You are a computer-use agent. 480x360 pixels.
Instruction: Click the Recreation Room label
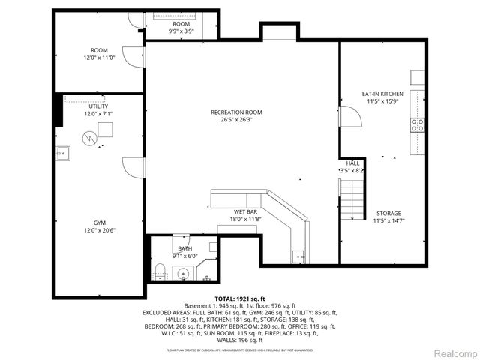click(236, 112)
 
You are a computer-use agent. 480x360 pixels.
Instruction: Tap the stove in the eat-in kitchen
click(416, 124)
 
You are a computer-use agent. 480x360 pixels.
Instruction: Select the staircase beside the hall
click(352, 198)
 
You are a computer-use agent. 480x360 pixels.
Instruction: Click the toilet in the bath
click(158, 271)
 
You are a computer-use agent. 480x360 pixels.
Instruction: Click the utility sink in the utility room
click(63, 153)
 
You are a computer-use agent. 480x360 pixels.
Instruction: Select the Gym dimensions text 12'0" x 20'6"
click(99, 230)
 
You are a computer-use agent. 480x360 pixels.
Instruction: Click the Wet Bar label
click(245, 212)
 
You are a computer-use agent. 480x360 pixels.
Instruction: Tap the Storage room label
click(388, 213)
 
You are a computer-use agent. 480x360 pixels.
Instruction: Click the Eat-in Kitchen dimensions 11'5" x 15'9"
click(382, 100)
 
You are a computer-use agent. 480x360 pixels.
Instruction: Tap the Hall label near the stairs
click(352, 163)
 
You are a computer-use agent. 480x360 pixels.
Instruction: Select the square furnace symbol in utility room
click(106, 130)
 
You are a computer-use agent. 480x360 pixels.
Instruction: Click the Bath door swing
click(184, 244)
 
